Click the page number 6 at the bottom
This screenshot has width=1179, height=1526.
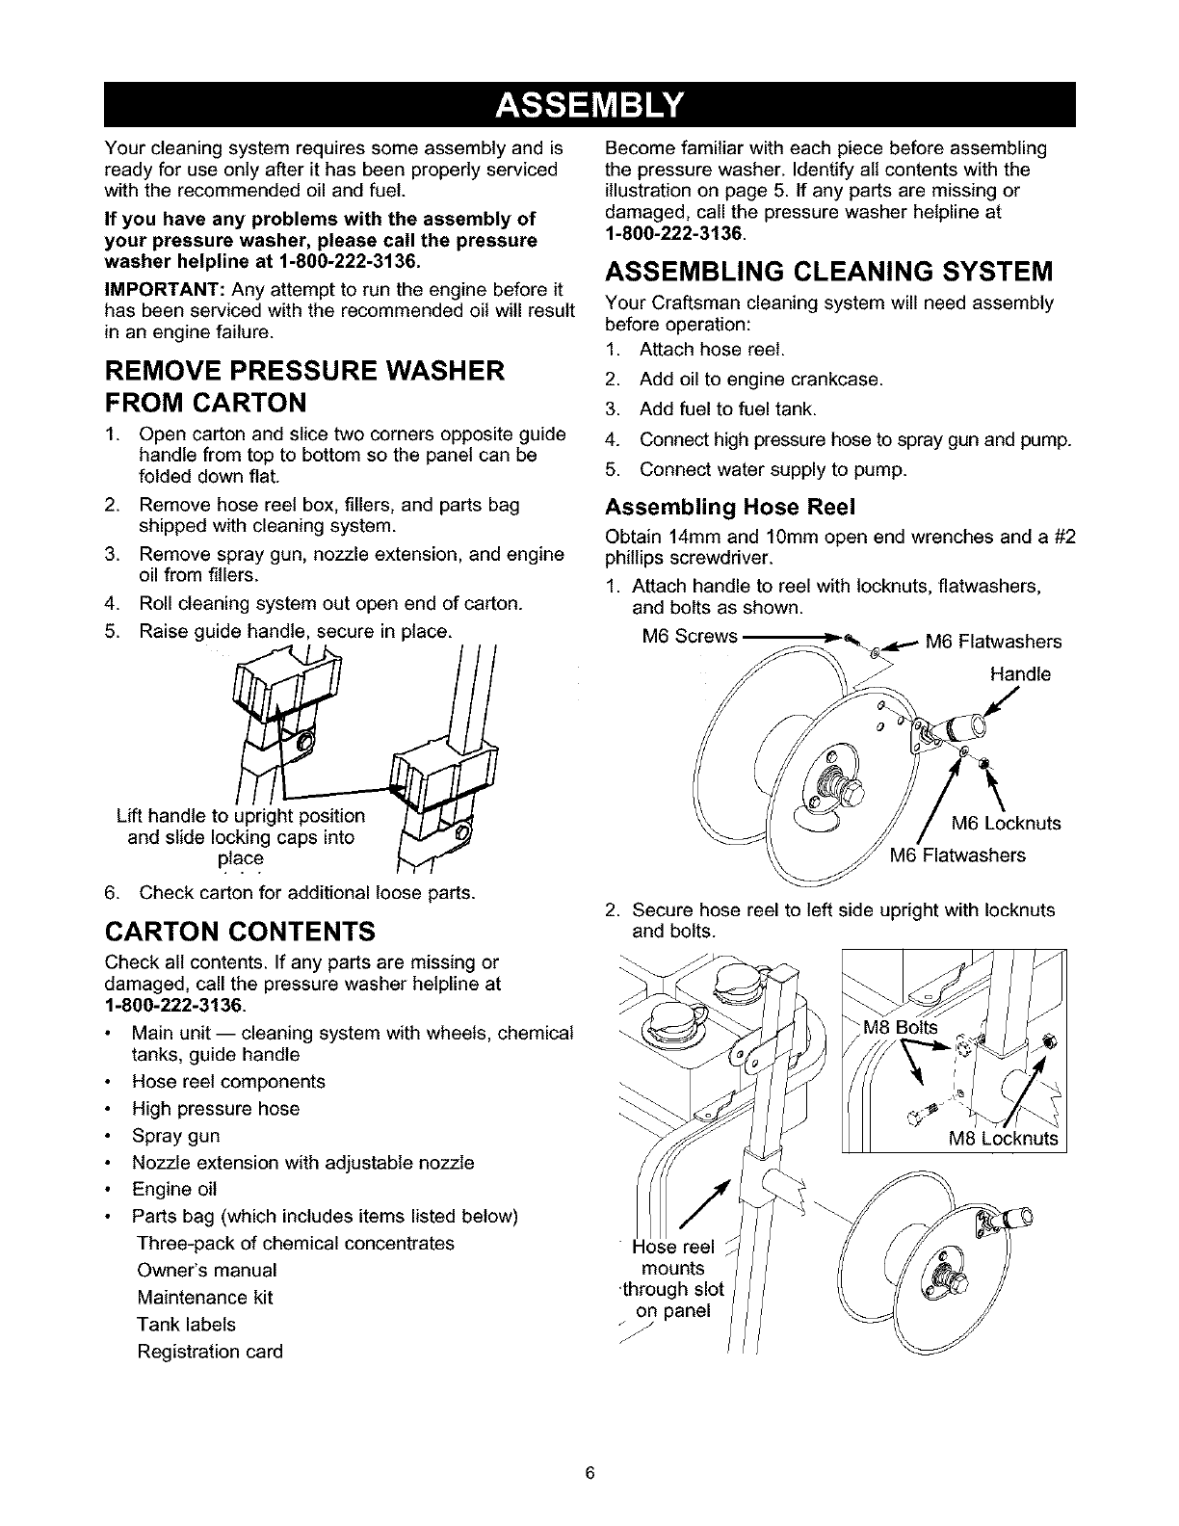[589, 1473]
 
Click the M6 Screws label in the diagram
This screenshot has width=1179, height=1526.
[689, 637]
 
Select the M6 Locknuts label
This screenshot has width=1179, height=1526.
[1006, 823]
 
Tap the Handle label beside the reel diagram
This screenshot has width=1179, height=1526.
[1019, 674]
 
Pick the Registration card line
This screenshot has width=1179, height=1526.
[210, 1352]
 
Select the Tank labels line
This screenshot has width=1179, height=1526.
[187, 1325]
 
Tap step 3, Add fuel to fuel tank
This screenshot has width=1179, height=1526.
[728, 410]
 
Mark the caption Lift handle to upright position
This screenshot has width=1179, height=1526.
[240, 816]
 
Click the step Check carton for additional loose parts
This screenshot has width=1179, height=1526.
[307, 892]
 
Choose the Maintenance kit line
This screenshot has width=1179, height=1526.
[205, 1298]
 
